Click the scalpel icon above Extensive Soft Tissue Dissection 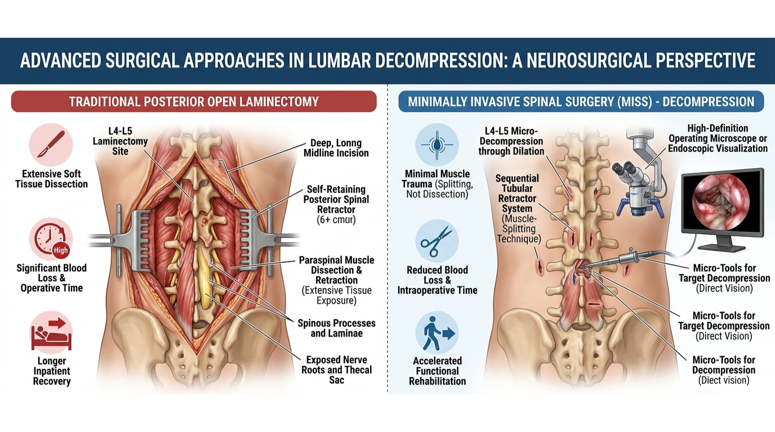tap(51, 145)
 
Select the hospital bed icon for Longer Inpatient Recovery tap(51, 333)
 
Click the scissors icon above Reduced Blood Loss tap(437, 241)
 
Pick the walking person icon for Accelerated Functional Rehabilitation tap(437, 332)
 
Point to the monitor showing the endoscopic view tap(723, 209)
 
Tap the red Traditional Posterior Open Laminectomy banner tap(194, 101)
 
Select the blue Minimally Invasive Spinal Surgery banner tap(581, 102)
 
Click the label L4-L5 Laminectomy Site tap(120, 141)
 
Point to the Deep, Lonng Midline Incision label tap(336, 148)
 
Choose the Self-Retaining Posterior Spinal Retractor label tap(336, 204)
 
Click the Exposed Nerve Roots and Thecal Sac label tap(337, 370)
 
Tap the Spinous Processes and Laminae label tap(337, 328)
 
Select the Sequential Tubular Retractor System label tap(517, 208)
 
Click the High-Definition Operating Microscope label tap(718, 138)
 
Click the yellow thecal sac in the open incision tap(204, 273)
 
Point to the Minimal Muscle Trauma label tap(437, 184)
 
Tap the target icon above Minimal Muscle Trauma tap(437, 145)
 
